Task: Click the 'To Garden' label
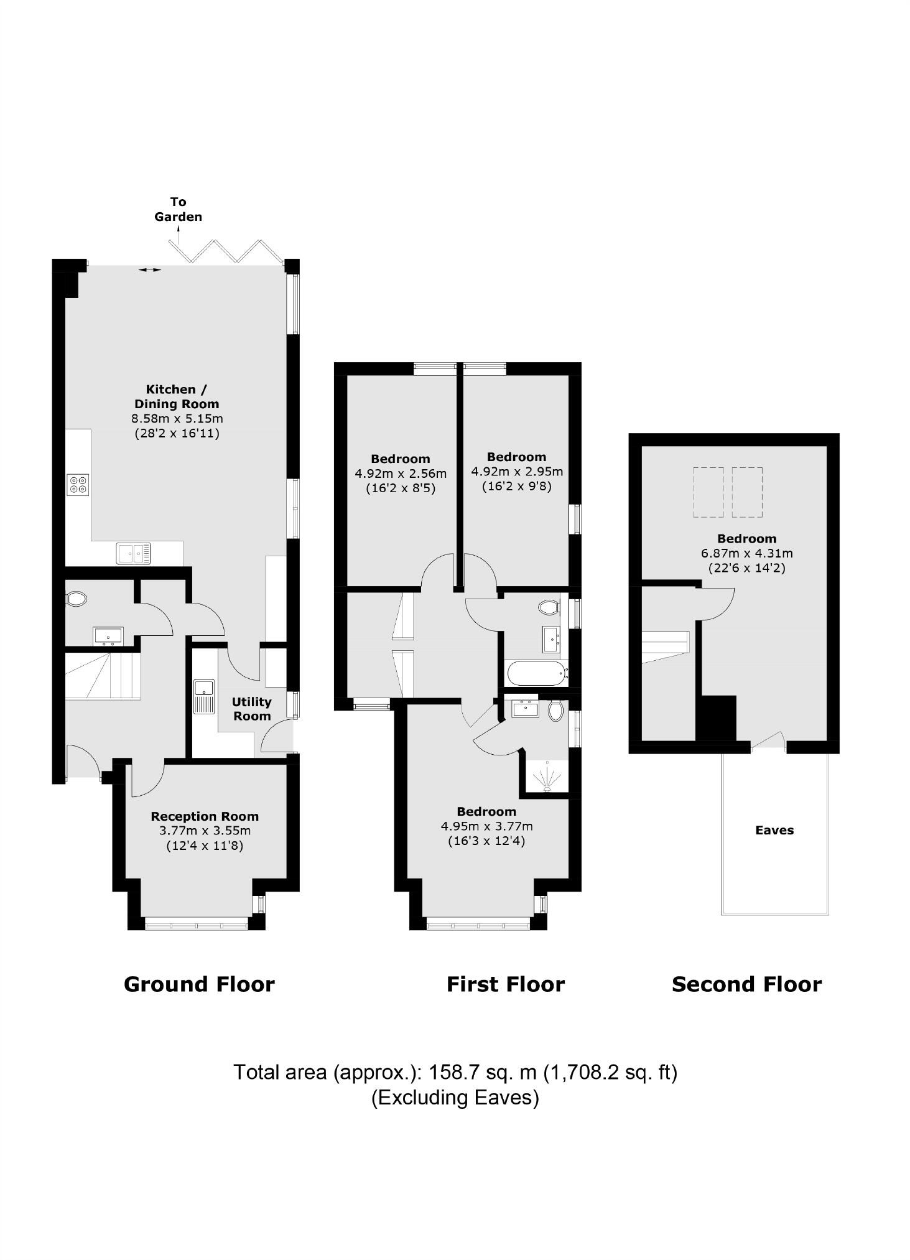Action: point(178,209)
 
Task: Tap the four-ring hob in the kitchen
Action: point(78,484)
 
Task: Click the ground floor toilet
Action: point(77,599)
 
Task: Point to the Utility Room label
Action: point(251,709)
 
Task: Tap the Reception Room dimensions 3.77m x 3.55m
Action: point(205,831)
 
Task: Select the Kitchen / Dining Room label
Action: point(177,396)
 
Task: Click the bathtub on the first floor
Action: point(536,673)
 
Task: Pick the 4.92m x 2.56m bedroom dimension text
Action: point(401,474)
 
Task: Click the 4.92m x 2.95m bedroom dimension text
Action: point(517,471)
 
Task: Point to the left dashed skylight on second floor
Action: point(708,492)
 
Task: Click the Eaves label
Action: point(774,830)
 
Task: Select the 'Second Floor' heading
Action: point(746,984)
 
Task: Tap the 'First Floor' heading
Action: point(505,984)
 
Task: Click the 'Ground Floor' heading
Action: point(199,984)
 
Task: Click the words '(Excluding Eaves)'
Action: point(455,1097)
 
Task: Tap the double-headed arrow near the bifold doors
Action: point(149,269)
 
